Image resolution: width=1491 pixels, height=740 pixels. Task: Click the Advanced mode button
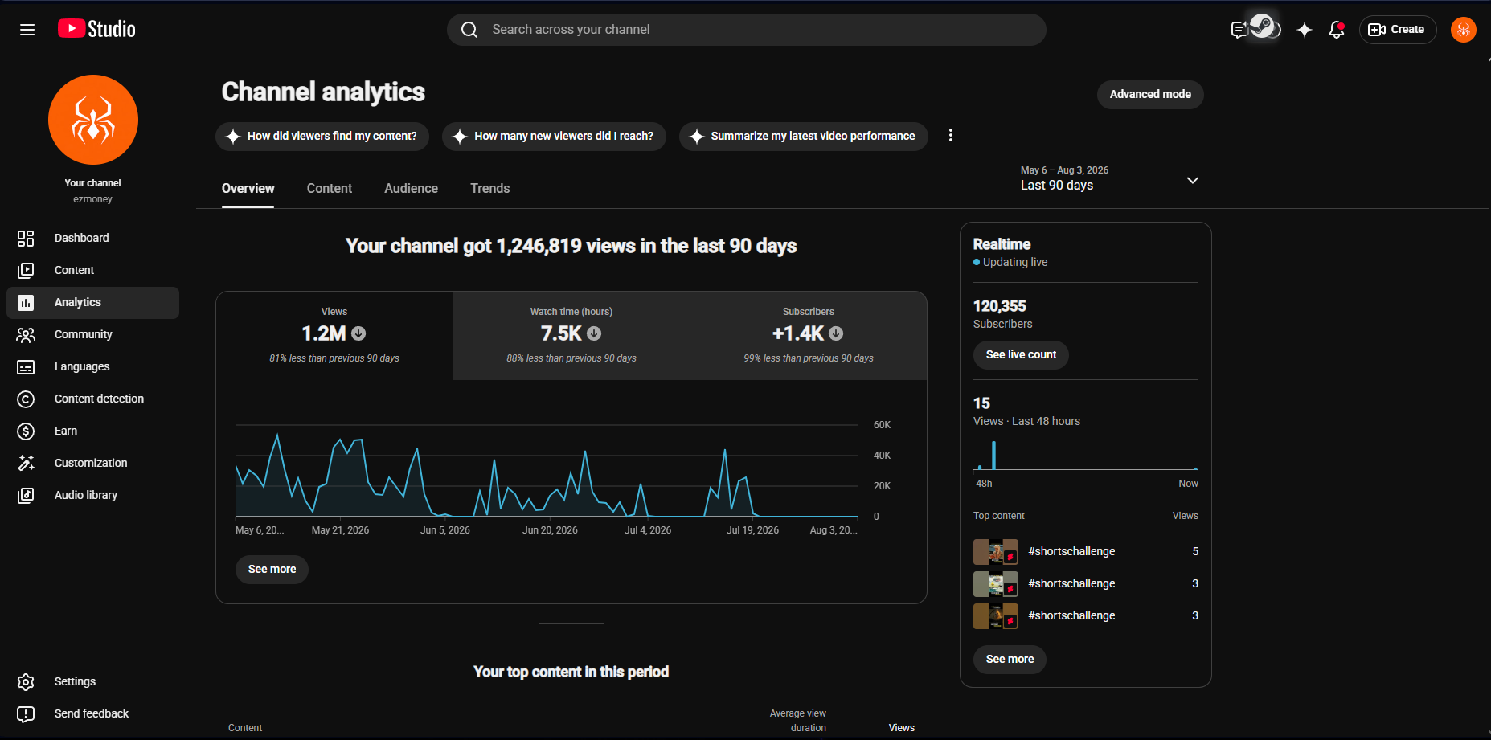click(x=1150, y=94)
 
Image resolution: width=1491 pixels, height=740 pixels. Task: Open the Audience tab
click(x=411, y=188)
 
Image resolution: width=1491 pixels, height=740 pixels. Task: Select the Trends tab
click(x=489, y=188)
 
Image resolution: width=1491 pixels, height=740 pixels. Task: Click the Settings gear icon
click(x=26, y=681)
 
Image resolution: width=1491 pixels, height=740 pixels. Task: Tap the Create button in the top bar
click(x=1398, y=30)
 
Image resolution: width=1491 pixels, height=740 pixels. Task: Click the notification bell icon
click(x=1337, y=30)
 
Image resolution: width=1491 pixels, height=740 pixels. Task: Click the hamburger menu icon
click(x=27, y=30)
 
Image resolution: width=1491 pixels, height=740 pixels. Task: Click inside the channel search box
click(x=747, y=30)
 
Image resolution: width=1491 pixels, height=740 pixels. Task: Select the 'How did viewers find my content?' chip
click(x=322, y=136)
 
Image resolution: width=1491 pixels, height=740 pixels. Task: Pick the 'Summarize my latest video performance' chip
click(x=803, y=136)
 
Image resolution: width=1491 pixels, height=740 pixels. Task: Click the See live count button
click(x=1021, y=354)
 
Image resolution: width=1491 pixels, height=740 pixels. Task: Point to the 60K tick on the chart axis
click(x=882, y=425)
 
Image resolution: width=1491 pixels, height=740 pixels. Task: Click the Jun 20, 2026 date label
click(x=550, y=530)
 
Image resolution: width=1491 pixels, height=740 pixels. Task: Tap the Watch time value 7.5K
click(x=561, y=333)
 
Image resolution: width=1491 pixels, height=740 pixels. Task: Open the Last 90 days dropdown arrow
click(x=1193, y=180)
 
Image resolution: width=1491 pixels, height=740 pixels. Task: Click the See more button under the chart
click(x=272, y=569)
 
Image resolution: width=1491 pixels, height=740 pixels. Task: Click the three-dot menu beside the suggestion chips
click(x=951, y=135)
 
